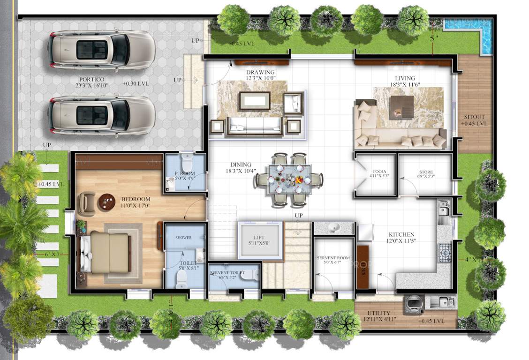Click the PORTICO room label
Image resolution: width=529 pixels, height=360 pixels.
click(91, 80)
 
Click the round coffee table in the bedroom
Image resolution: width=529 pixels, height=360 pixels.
click(106, 202)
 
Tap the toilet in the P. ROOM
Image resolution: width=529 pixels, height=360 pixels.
click(187, 164)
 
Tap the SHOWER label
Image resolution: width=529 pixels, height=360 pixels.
click(183, 238)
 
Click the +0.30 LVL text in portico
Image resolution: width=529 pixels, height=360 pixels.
click(136, 83)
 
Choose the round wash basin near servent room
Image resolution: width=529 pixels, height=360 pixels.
click(334, 228)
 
